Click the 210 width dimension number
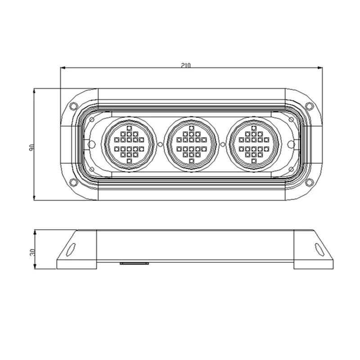tap(186, 65)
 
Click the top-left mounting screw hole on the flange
tap(73, 106)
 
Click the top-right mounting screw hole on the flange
tap(309, 106)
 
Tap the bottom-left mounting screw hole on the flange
tap(73, 182)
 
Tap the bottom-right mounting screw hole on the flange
tap(309, 182)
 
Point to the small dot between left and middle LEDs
tap(161, 144)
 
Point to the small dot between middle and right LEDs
tap(223, 144)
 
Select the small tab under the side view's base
tap(135, 264)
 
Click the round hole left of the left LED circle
tap(91, 144)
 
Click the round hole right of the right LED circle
tap(291, 144)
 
